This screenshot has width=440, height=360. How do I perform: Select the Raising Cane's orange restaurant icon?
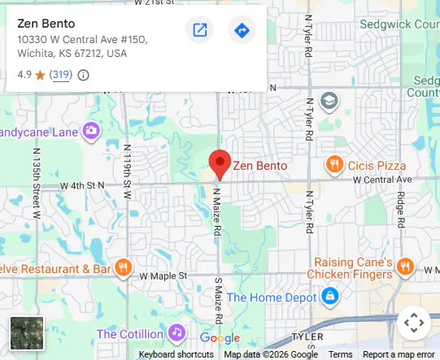(405, 267)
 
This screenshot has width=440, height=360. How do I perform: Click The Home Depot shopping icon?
(329, 297)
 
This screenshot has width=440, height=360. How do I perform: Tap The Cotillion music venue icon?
(176, 333)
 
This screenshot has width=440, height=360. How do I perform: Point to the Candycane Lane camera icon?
(91, 130)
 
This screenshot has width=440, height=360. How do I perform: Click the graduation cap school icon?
(329, 102)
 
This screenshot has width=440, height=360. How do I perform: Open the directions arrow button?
(242, 31)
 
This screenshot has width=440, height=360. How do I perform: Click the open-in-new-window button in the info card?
(199, 31)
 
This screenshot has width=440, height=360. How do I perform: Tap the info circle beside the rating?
(83, 75)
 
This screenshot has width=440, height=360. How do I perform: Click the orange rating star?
(40, 75)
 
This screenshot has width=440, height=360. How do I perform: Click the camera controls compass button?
(414, 323)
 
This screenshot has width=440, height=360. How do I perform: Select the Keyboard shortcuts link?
(176, 354)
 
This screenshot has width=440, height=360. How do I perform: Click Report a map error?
(399, 354)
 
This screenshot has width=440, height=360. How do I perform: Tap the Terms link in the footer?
(340, 354)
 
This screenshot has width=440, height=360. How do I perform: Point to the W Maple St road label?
(163, 275)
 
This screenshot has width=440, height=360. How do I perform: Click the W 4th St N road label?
(83, 185)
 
